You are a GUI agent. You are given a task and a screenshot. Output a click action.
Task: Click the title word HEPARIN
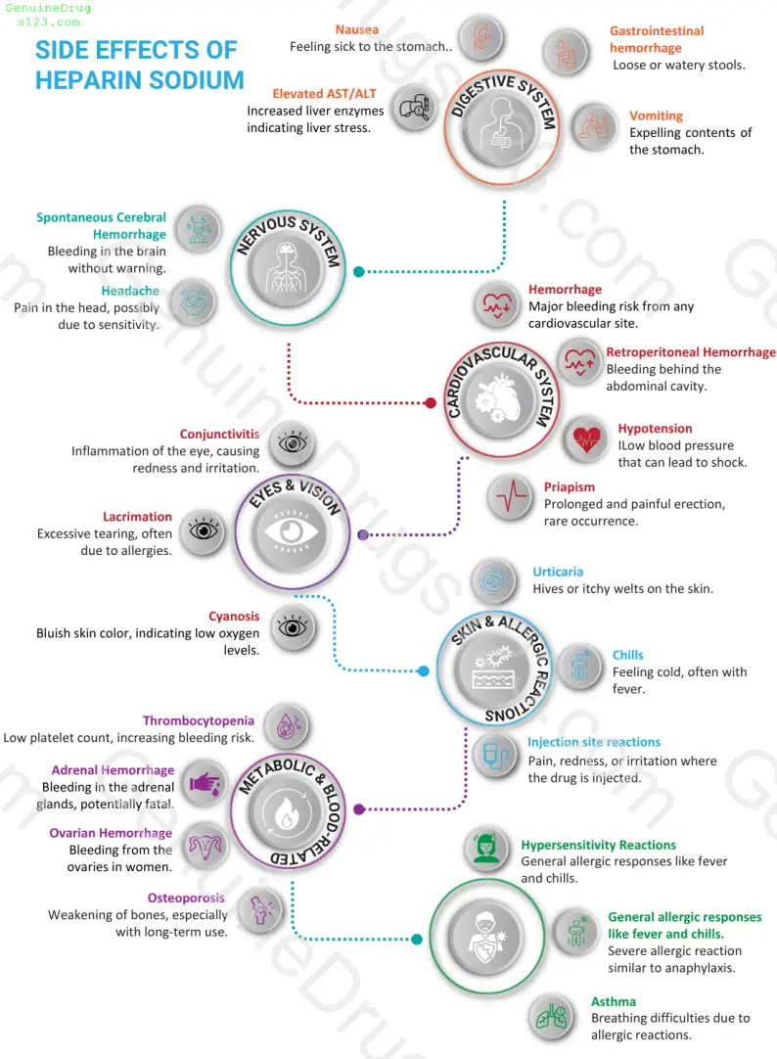[86, 79]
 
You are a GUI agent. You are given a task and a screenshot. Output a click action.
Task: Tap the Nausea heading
[357, 29]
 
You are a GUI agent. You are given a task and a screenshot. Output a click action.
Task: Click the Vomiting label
[656, 115]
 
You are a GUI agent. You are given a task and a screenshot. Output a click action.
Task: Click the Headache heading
[131, 291]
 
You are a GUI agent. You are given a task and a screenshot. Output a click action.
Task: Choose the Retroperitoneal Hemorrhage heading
[690, 352]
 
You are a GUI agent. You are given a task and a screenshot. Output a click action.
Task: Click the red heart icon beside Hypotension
[587, 437]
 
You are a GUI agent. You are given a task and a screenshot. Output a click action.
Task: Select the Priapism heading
[569, 486]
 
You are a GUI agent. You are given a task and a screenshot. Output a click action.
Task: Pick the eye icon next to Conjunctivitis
[292, 443]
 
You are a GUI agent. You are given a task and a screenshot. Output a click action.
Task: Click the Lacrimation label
[137, 517]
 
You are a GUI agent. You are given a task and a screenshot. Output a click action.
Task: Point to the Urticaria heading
[558, 572]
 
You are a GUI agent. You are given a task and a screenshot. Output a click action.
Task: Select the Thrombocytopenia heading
[199, 721]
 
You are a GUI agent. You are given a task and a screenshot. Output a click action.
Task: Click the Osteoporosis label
[186, 898]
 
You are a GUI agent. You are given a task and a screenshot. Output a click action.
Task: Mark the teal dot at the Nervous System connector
[359, 272]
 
